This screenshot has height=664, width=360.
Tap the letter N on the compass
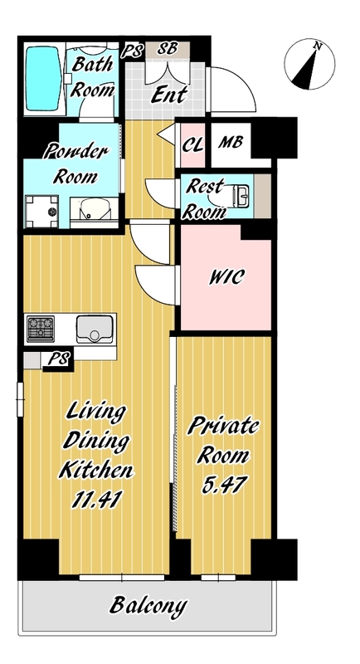pyautogui.click(x=317, y=46)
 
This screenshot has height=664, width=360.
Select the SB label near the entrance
pyautogui.click(x=168, y=48)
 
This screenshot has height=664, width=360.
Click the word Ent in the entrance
pyautogui.click(x=169, y=95)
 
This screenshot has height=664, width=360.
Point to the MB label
pyautogui.click(x=231, y=142)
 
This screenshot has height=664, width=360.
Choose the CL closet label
pyautogui.click(x=192, y=145)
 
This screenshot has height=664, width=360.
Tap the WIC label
pyautogui.click(x=226, y=276)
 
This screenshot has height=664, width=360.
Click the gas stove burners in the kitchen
pyautogui.click(x=41, y=329)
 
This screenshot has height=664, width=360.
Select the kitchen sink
pyautogui.click(x=95, y=329)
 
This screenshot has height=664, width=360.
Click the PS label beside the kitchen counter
pyautogui.click(x=58, y=360)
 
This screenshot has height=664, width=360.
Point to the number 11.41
pyautogui.click(x=97, y=500)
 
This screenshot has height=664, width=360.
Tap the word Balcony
pyautogui.click(x=148, y=607)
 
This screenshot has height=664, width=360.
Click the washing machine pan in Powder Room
pyautogui.click(x=41, y=212)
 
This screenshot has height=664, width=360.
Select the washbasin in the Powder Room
pyautogui.click(x=94, y=209)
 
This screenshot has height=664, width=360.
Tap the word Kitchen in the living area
pyautogui.click(x=96, y=470)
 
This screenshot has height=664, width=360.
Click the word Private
pyautogui.click(x=222, y=427)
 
